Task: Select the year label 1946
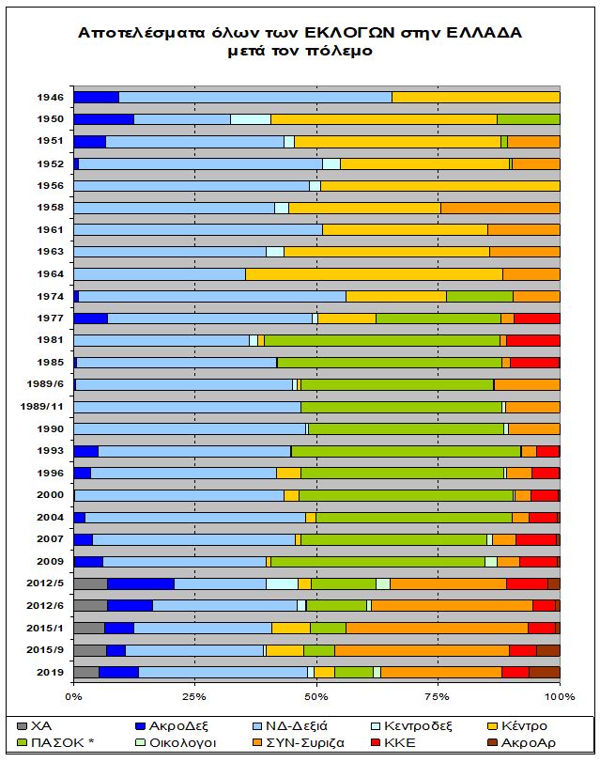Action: [x=51, y=97]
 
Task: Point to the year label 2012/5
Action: [x=46, y=583]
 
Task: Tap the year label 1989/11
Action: [x=43, y=407]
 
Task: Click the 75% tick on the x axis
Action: [x=438, y=696]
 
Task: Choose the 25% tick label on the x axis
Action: [x=194, y=696]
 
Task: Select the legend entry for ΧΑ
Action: [x=41, y=726]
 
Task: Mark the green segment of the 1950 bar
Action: [x=528, y=119]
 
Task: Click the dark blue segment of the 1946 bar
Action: [x=96, y=97]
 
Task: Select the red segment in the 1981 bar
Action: [x=532, y=340]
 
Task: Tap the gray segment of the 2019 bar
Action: [x=85, y=672]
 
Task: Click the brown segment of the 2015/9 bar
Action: [x=547, y=650]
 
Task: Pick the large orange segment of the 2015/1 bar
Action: [x=437, y=628]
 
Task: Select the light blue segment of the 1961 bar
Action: [x=197, y=229]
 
